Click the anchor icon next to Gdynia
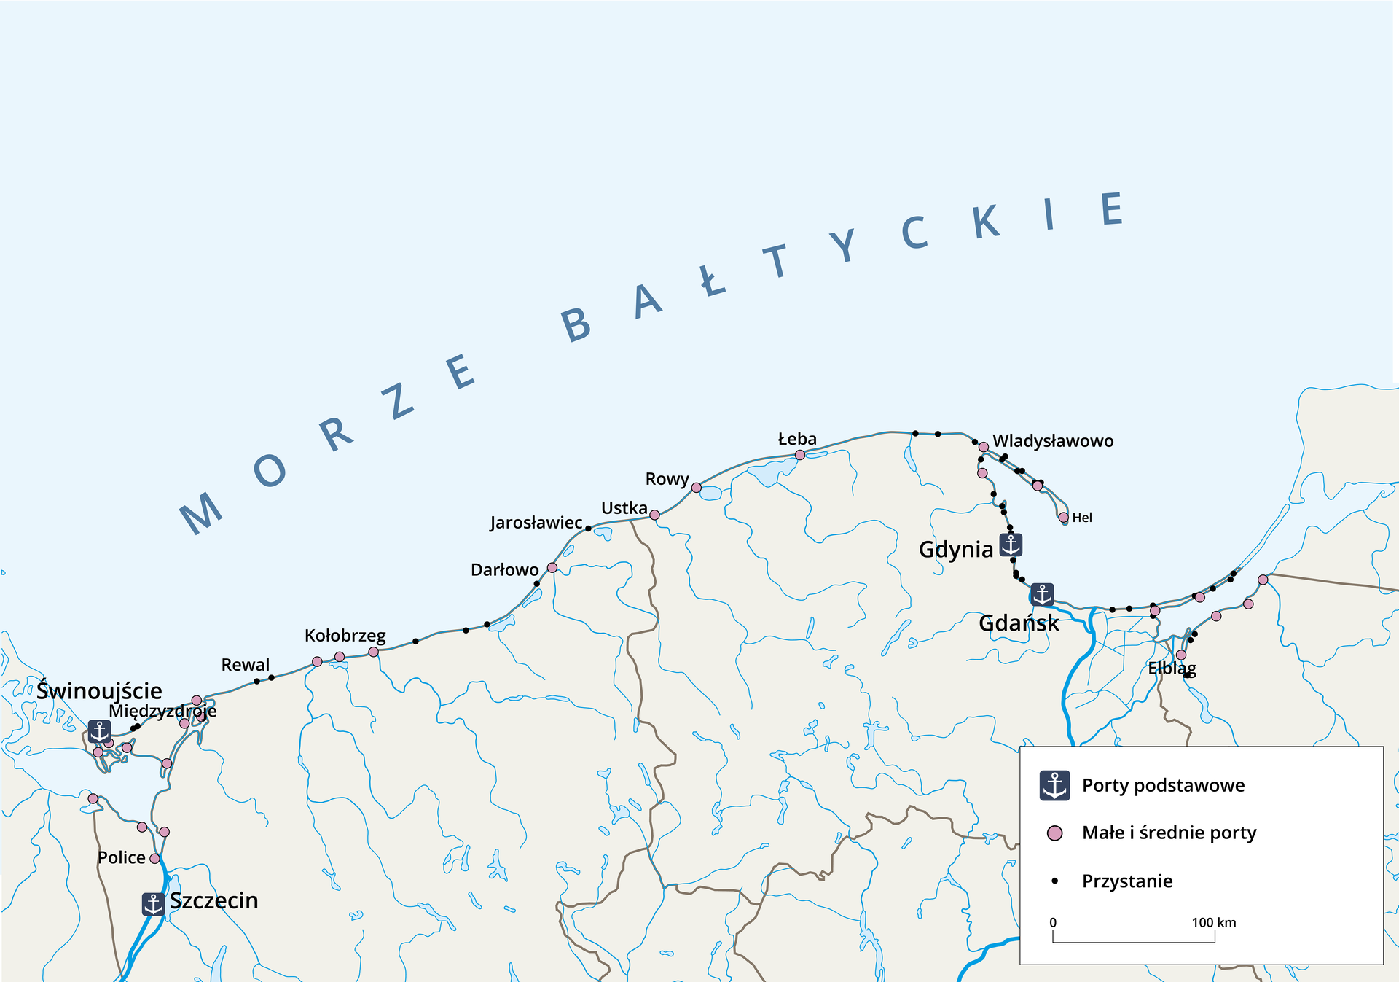1011,545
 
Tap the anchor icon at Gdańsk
1042,594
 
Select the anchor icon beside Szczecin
153,904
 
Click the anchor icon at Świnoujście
99,730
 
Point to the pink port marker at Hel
1063,517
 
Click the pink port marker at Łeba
799,455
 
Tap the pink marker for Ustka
654,515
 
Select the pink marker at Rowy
696,487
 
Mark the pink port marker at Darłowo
552,567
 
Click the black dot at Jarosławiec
588,529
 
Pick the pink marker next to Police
154,859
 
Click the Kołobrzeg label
345,636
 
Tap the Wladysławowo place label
1053,441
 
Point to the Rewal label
245,665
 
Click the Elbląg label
1172,668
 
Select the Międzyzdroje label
162,711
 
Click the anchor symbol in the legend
1054,785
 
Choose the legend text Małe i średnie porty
1169,833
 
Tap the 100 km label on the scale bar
1213,922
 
